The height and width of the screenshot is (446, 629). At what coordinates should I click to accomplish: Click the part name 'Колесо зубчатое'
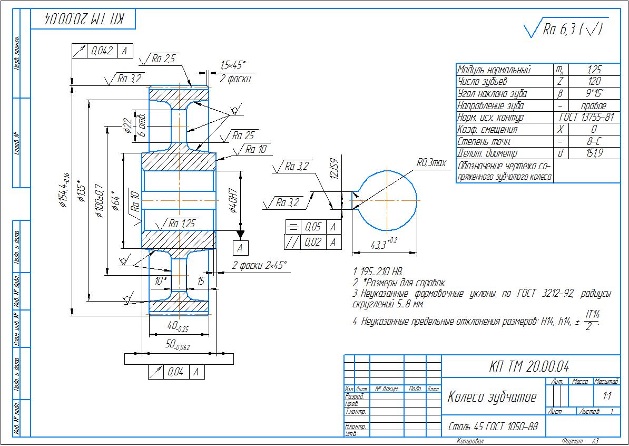pos(492,397)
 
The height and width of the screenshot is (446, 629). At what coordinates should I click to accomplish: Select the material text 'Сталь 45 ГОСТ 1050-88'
pos(493,426)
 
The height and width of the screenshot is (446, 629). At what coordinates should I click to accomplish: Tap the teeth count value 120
pos(593,82)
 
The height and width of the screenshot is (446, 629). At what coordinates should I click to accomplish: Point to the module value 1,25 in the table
pos(593,70)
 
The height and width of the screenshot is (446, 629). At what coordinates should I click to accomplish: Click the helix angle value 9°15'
pos(593,94)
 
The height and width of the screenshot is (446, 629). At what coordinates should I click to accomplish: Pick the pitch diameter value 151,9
pos(593,153)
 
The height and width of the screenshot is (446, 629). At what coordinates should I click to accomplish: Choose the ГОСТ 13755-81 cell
pos(586,118)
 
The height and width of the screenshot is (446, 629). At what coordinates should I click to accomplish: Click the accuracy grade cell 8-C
pos(593,141)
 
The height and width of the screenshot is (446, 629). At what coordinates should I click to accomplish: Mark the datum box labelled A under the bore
pos(240,247)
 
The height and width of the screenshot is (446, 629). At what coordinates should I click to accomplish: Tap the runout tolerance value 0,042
pos(102,51)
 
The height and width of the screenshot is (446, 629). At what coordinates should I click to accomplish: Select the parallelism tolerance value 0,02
pos(313,242)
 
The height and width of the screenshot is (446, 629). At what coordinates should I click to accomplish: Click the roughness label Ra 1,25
pos(181,224)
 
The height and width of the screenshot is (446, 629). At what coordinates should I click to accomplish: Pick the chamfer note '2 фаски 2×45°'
pos(260,265)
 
